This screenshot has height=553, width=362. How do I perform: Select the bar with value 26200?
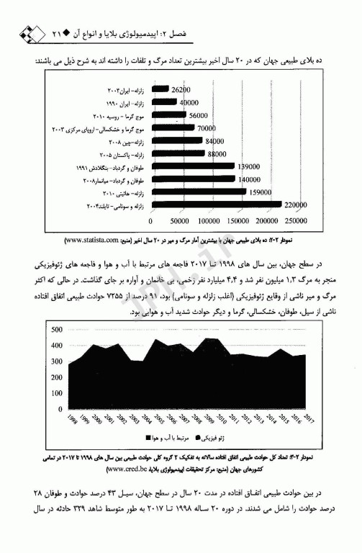(161, 91)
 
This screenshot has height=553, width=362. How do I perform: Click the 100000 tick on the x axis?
(209, 221)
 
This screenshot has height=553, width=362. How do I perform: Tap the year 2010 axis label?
(223, 419)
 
